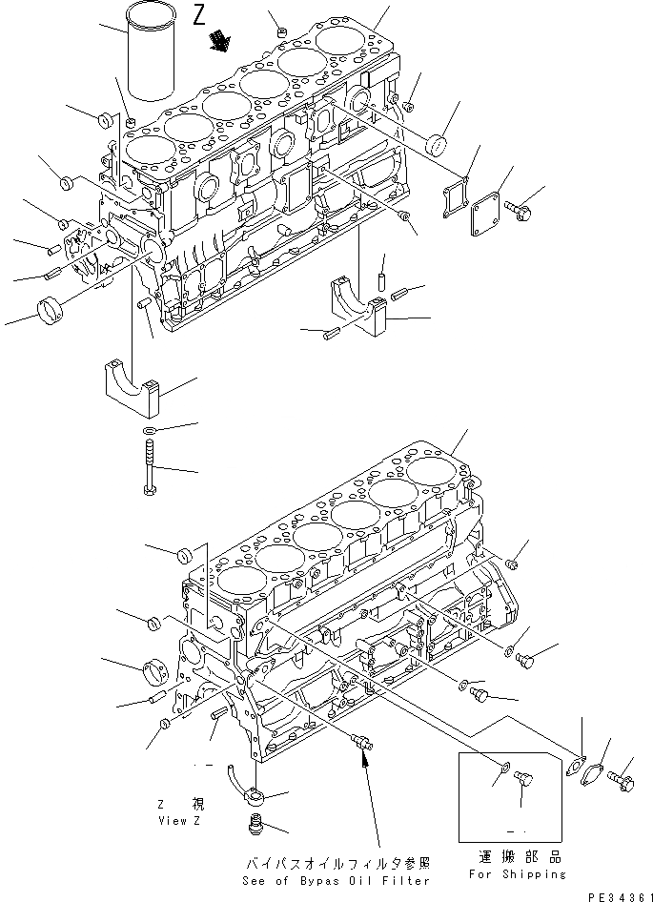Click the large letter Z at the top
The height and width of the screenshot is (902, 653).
pyautogui.click(x=198, y=14)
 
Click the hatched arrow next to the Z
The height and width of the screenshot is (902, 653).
pyautogui.click(x=223, y=40)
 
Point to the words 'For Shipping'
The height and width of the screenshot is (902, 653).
pyautogui.click(x=517, y=873)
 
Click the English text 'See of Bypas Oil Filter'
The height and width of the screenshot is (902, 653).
pyautogui.click(x=337, y=880)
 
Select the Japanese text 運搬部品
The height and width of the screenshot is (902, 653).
pyautogui.click(x=516, y=857)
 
